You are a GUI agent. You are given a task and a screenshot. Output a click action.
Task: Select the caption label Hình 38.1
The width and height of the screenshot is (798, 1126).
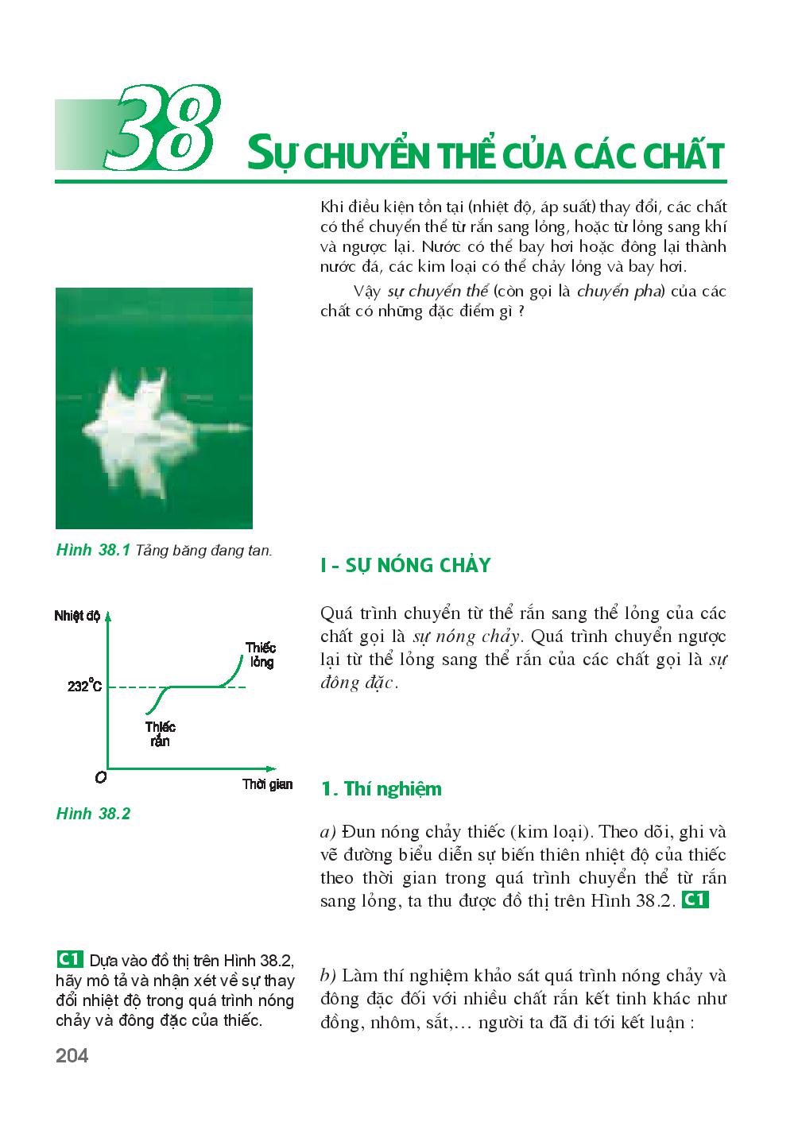click(93, 549)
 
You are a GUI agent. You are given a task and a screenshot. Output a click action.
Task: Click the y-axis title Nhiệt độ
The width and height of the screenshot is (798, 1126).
click(77, 617)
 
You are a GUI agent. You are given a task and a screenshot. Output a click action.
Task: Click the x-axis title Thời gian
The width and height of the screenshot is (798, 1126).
click(267, 785)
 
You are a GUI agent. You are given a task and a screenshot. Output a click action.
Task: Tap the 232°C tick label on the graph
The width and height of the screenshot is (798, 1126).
click(84, 687)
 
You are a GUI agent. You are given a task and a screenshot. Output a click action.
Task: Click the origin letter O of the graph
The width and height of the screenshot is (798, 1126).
click(100, 778)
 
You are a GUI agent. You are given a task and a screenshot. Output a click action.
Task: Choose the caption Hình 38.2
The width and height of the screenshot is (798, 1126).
click(93, 814)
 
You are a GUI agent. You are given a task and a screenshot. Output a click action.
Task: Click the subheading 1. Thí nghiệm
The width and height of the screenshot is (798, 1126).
click(381, 789)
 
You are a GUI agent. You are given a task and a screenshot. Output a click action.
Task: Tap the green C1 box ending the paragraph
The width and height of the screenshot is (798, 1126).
click(695, 900)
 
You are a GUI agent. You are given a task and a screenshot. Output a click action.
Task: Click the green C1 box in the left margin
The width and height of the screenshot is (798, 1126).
click(72, 958)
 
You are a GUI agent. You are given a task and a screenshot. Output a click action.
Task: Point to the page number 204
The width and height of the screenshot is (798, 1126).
click(72, 1056)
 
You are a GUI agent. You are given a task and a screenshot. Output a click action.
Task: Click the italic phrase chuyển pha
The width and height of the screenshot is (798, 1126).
click(620, 291)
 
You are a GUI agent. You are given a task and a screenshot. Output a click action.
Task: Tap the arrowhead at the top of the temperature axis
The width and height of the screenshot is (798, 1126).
click(108, 613)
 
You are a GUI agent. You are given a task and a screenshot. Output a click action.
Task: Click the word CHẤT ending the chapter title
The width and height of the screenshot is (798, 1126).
click(683, 155)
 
